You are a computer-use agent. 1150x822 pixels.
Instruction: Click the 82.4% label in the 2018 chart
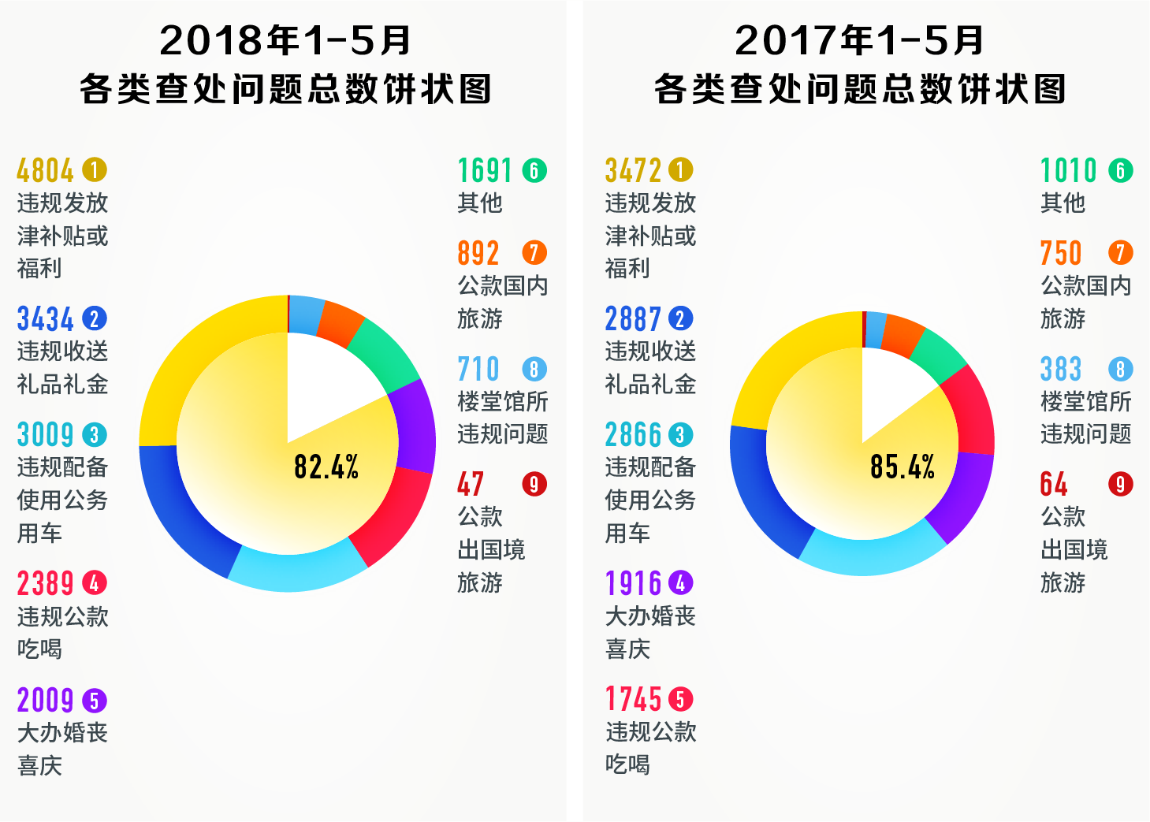tap(326, 467)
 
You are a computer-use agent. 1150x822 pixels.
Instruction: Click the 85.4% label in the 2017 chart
tap(903, 467)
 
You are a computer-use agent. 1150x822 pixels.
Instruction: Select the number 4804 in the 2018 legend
tap(45, 170)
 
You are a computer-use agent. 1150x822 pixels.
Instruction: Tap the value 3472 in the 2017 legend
tap(633, 170)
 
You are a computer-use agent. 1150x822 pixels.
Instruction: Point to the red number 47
tap(471, 484)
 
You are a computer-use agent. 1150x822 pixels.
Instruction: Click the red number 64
tap(1054, 484)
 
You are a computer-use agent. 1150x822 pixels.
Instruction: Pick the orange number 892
tap(478, 253)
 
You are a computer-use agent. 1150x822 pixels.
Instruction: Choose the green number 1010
tap(1069, 170)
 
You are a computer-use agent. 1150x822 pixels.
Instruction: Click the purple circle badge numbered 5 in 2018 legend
tap(94, 701)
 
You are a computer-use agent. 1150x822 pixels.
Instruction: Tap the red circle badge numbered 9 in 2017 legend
tap(1120, 484)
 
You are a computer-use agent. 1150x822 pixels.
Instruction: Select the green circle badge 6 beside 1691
tap(534, 170)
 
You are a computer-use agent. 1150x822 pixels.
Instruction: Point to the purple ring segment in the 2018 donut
tap(415, 426)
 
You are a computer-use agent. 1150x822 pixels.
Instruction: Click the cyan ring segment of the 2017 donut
tap(871, 556)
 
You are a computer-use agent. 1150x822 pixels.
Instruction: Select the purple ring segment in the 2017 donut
tap(962, 497)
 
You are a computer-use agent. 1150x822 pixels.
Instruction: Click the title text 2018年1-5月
tap(285, 41)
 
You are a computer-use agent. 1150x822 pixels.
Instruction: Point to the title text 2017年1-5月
tap(860, 41)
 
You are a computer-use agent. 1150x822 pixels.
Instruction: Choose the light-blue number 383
tap(1061, 369)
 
